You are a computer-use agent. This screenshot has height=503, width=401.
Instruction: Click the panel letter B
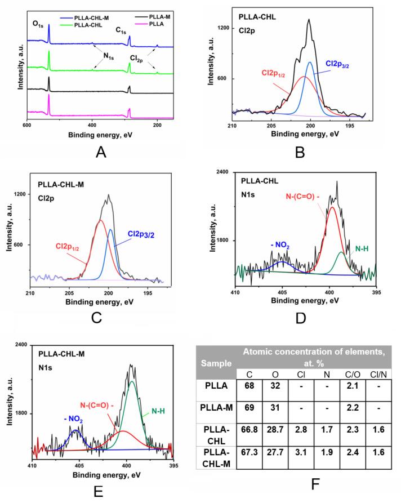[300, 151]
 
